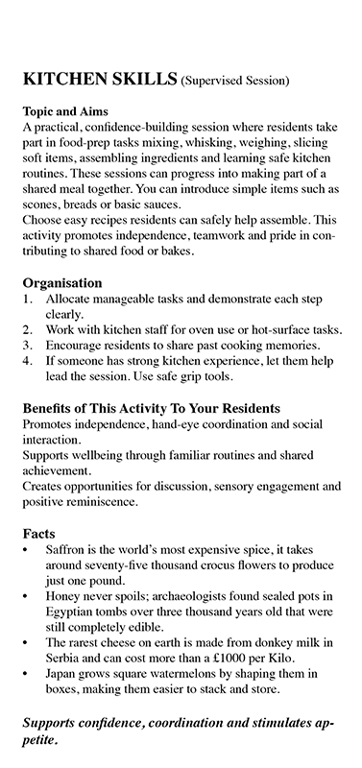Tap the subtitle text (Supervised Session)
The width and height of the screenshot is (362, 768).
(x=235, y=82)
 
